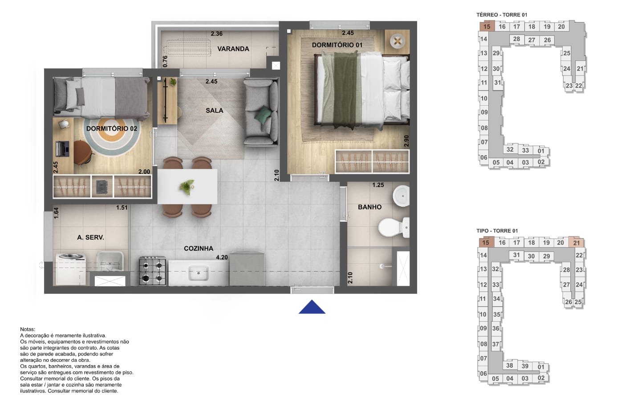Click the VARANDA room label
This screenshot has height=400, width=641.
coord(233,49)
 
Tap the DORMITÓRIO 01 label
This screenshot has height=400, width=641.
coord(337,45)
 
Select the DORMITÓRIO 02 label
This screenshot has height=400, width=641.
coord(112,128)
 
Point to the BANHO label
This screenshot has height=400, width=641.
coord(370,207)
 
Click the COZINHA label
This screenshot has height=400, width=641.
coord(199,248)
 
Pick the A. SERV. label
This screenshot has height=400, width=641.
coord(90,237)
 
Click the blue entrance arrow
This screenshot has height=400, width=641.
coord(312,307)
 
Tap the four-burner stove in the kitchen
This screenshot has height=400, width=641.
coord(153,271)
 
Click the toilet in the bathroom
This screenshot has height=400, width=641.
coord(394,228)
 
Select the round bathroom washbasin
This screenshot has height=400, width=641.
coord(401,196)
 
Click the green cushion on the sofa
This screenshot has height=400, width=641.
coord(263,115)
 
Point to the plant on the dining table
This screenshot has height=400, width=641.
coord(187,187)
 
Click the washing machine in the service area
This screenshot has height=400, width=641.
coord(71,269)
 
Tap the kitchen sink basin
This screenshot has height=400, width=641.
coord(198,273)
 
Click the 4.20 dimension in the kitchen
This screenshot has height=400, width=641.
coord(222,257)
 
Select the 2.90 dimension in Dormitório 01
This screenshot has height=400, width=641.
coord(406,141)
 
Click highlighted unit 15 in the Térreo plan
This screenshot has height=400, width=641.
coord(487,27)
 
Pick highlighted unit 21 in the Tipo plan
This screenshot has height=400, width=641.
coord(576,243)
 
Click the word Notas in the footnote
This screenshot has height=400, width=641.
coord(28,329)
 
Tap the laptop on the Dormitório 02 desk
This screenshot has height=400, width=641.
coord(62,148)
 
